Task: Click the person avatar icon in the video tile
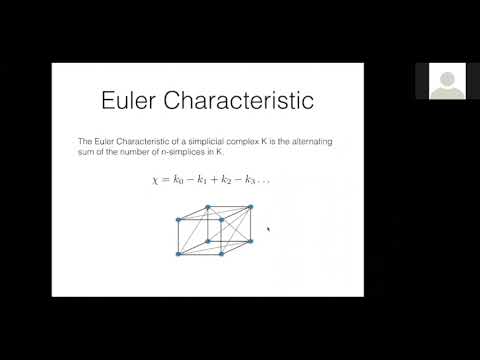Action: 445,80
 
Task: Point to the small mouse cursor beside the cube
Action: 268,229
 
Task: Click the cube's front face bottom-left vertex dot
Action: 179,254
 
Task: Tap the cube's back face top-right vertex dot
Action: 250,207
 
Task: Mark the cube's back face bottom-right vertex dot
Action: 250,240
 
